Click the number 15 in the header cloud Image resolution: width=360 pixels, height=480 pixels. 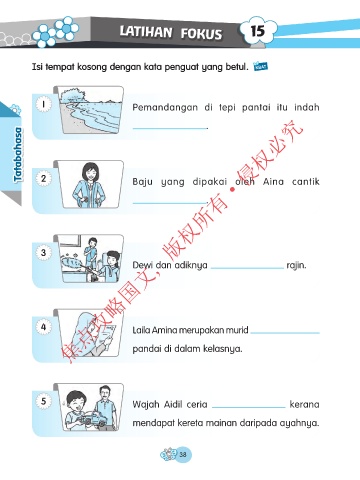258,31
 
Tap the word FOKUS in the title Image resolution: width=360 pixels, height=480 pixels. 201,34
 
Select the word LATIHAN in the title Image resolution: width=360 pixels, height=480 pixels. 146,32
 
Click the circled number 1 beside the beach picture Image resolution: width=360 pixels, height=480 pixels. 43,104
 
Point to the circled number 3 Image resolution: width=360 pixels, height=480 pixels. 43,252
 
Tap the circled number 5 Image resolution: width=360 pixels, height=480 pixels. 43,401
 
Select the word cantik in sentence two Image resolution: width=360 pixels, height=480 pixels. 306,181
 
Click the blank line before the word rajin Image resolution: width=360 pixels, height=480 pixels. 247,268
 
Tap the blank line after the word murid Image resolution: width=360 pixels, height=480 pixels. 285,333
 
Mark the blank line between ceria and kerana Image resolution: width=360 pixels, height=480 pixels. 249,407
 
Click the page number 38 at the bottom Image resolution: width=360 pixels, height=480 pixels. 183,454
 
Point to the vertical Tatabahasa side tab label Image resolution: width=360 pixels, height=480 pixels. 18,155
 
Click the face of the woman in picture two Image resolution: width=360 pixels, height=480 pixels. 90,173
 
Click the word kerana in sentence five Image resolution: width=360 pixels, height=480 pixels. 304,404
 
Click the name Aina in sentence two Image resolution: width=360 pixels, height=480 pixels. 273,181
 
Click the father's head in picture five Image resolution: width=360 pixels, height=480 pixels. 105,394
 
